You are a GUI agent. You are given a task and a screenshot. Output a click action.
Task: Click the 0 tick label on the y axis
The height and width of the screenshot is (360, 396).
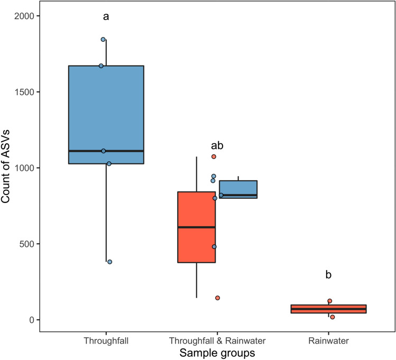point(31,320)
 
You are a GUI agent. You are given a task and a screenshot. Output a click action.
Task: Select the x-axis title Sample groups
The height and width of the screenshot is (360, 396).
point(217,351)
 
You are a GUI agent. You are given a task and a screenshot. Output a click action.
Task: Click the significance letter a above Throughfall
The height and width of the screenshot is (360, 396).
point(106,17)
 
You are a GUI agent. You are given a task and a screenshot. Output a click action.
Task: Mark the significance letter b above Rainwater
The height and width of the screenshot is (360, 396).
point(328,274)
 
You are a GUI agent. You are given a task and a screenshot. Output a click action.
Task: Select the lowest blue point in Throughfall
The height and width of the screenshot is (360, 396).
point(109,262)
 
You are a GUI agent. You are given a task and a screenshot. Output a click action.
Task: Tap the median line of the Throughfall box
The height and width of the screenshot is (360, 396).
point(106,151)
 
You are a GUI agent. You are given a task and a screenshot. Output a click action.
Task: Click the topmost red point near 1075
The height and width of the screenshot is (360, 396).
point(214,156)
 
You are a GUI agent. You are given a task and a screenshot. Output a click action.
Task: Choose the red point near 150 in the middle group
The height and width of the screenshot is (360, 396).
point(217,298)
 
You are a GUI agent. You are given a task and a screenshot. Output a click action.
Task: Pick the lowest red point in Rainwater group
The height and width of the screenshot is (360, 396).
point(332,317)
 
